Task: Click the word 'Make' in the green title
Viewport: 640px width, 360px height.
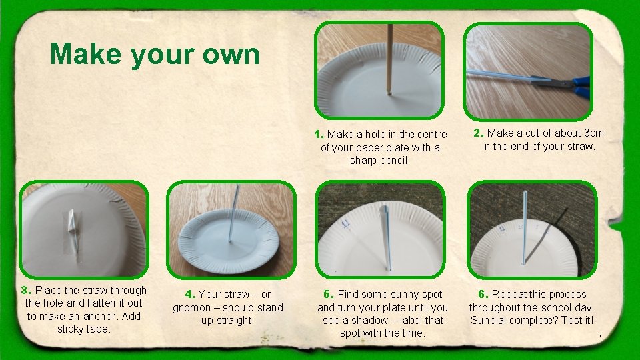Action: [86, 53]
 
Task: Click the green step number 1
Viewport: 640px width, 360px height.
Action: [319, 134]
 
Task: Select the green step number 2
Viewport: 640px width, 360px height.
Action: [479, 133]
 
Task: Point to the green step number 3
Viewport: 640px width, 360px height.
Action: [26, 290]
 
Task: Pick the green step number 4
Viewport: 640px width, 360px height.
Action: [190, 294]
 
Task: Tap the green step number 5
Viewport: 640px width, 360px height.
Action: [329, 294]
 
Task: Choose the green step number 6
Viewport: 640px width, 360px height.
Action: [483, 294]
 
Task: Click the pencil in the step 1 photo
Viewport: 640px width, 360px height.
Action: [389, 59]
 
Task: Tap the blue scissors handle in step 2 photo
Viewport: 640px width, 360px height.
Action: [581, 87]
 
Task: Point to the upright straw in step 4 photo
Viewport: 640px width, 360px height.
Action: [234, 213]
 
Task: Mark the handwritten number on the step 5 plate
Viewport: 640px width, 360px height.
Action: [346, 223]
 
